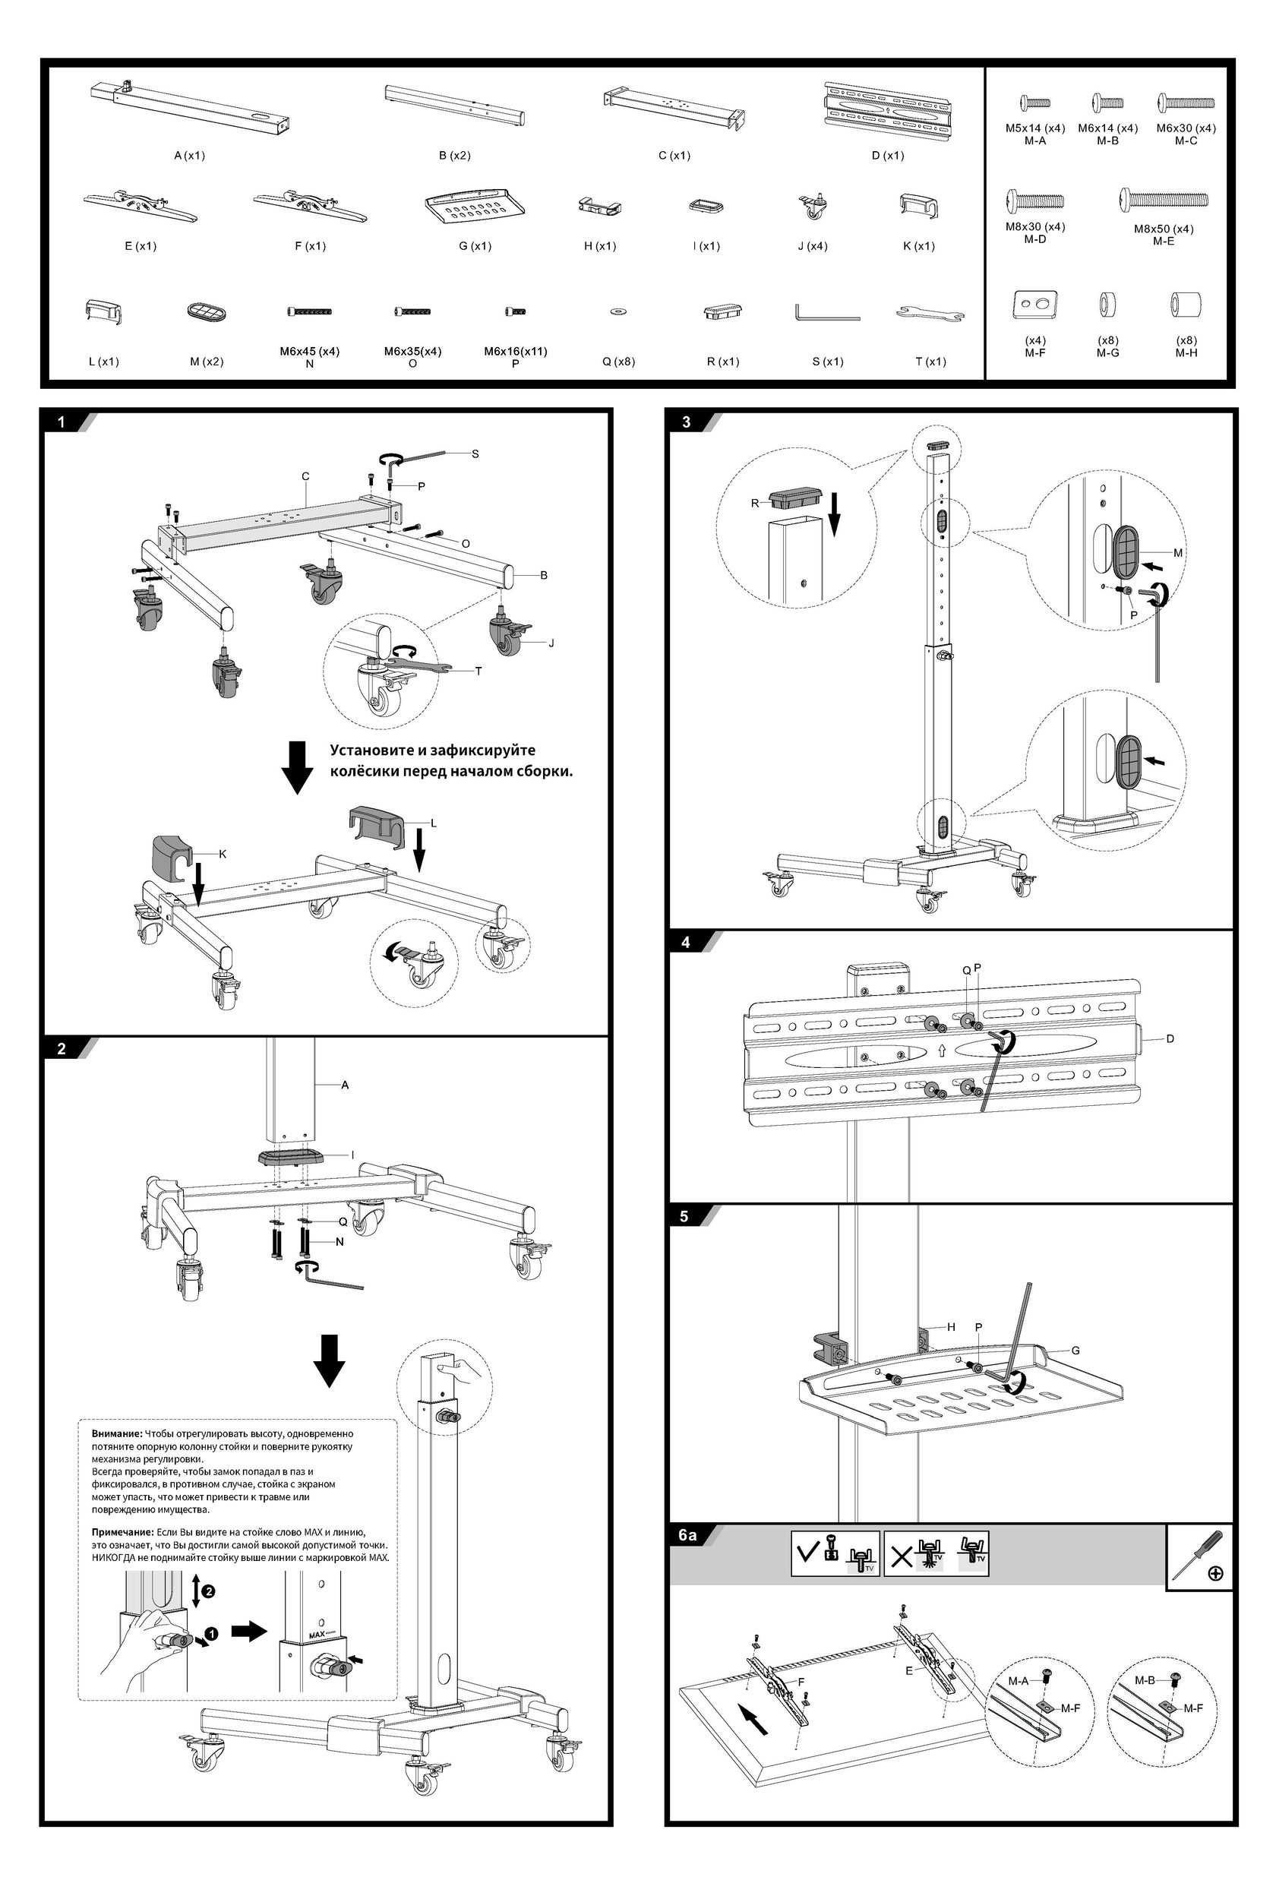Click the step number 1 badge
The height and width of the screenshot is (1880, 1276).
[x=61, y=422]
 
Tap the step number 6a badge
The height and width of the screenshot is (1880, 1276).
[x=687, y=1534]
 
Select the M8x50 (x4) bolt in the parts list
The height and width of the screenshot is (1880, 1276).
[x=1164, y=199]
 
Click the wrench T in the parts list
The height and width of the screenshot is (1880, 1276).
[x=930, y=312]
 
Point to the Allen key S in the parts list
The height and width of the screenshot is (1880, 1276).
[x=826, y=312]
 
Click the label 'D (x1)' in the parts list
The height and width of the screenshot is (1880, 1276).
[x=888, y=155]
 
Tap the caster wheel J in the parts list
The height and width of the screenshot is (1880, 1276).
[x=812, y=207]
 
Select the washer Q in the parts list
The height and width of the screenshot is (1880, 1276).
[x=618, y=311]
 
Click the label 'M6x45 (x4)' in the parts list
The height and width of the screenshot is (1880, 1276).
[x=309, y=351]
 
